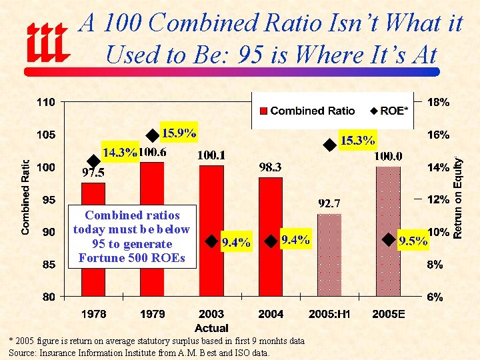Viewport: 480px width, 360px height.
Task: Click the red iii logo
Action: point(47,43)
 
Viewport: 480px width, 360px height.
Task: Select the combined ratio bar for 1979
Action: point(153,227)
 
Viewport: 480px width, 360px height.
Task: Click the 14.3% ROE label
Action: point(119,152)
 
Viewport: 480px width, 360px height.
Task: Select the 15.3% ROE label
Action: point(358,140)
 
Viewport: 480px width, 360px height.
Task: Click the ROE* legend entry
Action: point(389,111)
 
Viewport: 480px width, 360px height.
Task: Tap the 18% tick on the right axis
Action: point(438,103)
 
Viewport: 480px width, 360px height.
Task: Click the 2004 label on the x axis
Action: point(270,313)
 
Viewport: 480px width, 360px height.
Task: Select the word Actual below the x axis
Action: point(211,327)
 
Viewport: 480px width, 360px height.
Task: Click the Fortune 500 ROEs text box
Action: point(132,236)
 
